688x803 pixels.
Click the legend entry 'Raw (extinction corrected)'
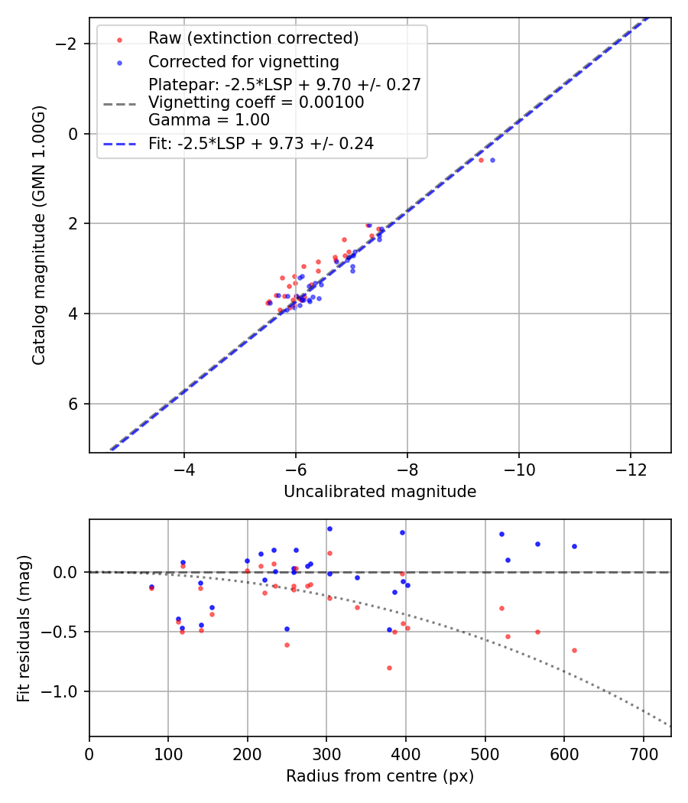(x=253, y=38)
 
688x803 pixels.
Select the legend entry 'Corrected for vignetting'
(x=244, y=61)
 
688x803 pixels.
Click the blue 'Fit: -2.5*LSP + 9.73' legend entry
(x=261, y=144)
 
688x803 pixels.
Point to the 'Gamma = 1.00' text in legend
(x=209, y=119)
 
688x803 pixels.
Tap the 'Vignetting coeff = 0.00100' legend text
(x=256, y=102)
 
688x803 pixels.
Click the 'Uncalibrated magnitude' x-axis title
(x=380, y=492)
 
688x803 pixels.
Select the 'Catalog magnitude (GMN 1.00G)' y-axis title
(x=39, y=235)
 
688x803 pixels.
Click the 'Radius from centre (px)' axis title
(x=380, y=776)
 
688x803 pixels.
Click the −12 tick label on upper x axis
(x=630, y=468)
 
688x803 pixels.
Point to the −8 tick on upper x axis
(x=407, y=468)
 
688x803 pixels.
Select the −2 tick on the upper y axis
(x=70, y=44)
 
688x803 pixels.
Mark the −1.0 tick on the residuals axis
(x=64, y=691)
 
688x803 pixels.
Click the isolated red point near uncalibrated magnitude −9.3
(x=481, y=160)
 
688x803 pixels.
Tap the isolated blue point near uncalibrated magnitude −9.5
(x=492, y=160)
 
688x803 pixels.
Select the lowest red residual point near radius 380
(x=389, y=668)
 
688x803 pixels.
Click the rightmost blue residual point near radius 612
(x=574, y=546)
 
